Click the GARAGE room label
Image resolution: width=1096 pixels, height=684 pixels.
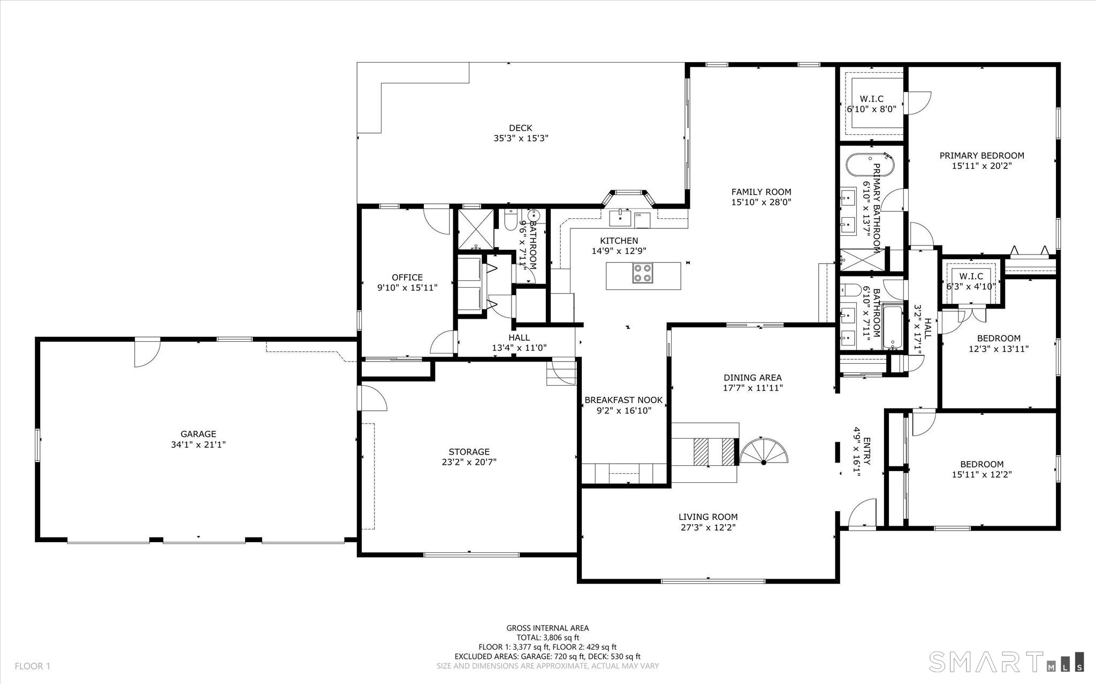[198, 434]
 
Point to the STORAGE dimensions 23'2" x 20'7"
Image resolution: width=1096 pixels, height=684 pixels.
[469, 462]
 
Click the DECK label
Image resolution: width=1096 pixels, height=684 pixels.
[521, 128]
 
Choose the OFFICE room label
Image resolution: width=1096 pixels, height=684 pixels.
[407, 277]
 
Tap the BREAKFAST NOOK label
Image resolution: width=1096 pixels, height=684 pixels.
[623, 400]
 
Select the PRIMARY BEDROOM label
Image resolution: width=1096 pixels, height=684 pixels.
[982, 156]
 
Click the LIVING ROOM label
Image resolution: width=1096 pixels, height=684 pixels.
[708, 517]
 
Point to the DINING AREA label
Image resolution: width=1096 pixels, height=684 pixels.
[752, 378]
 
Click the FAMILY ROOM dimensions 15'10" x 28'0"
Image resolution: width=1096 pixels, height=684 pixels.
[761, 202]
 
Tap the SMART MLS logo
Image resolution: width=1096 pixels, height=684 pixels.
[1007, 662]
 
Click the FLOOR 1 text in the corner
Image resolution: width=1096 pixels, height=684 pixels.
[32, 666]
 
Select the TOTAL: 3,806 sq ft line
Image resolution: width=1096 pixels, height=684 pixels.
[547, 637]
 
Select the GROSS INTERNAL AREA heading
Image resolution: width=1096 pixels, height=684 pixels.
[547, 628]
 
